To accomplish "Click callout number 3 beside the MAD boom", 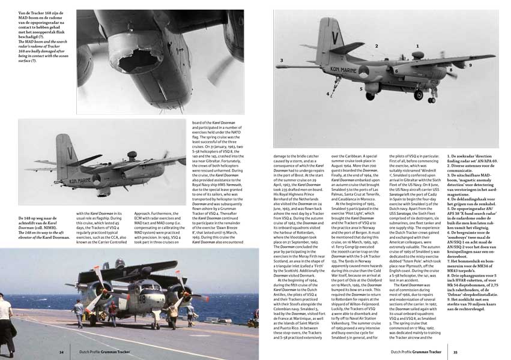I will [282, 61].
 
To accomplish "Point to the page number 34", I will [61, 352].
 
